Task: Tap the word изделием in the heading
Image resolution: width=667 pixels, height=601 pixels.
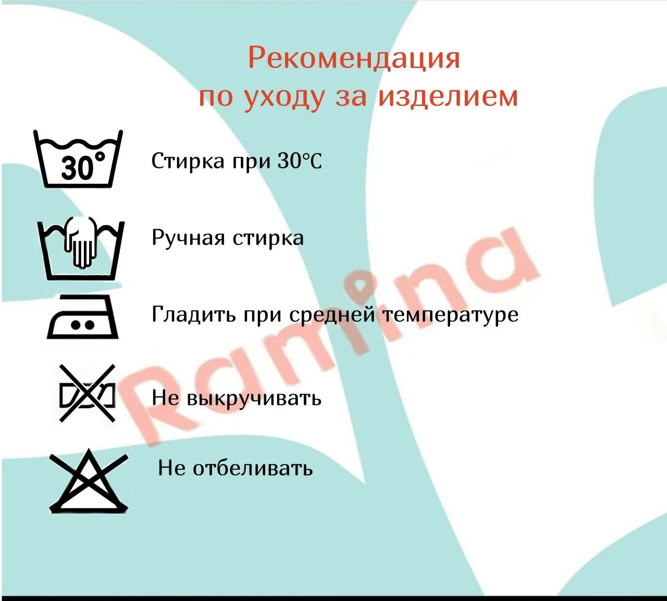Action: coord(448,97)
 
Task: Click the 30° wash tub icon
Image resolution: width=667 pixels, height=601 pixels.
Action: coord(78,158)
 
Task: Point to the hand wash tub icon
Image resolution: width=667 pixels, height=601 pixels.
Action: coord(81,249)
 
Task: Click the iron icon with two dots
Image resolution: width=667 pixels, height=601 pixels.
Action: coord(82,317)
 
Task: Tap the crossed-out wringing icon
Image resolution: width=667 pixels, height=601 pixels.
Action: coord(87,393)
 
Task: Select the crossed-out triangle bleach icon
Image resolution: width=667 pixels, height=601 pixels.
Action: coord(89,481)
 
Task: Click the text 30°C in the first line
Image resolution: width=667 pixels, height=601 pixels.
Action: coord(300,161)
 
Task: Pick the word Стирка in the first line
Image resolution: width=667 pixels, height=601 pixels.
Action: coord(188,161)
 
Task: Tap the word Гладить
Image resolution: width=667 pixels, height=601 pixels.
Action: coord(194,314)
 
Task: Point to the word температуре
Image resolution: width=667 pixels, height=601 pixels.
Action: coord(450,315)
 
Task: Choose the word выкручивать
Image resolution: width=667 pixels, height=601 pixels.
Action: coord(254,398)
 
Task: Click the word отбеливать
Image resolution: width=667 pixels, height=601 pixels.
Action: coord(253,468)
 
